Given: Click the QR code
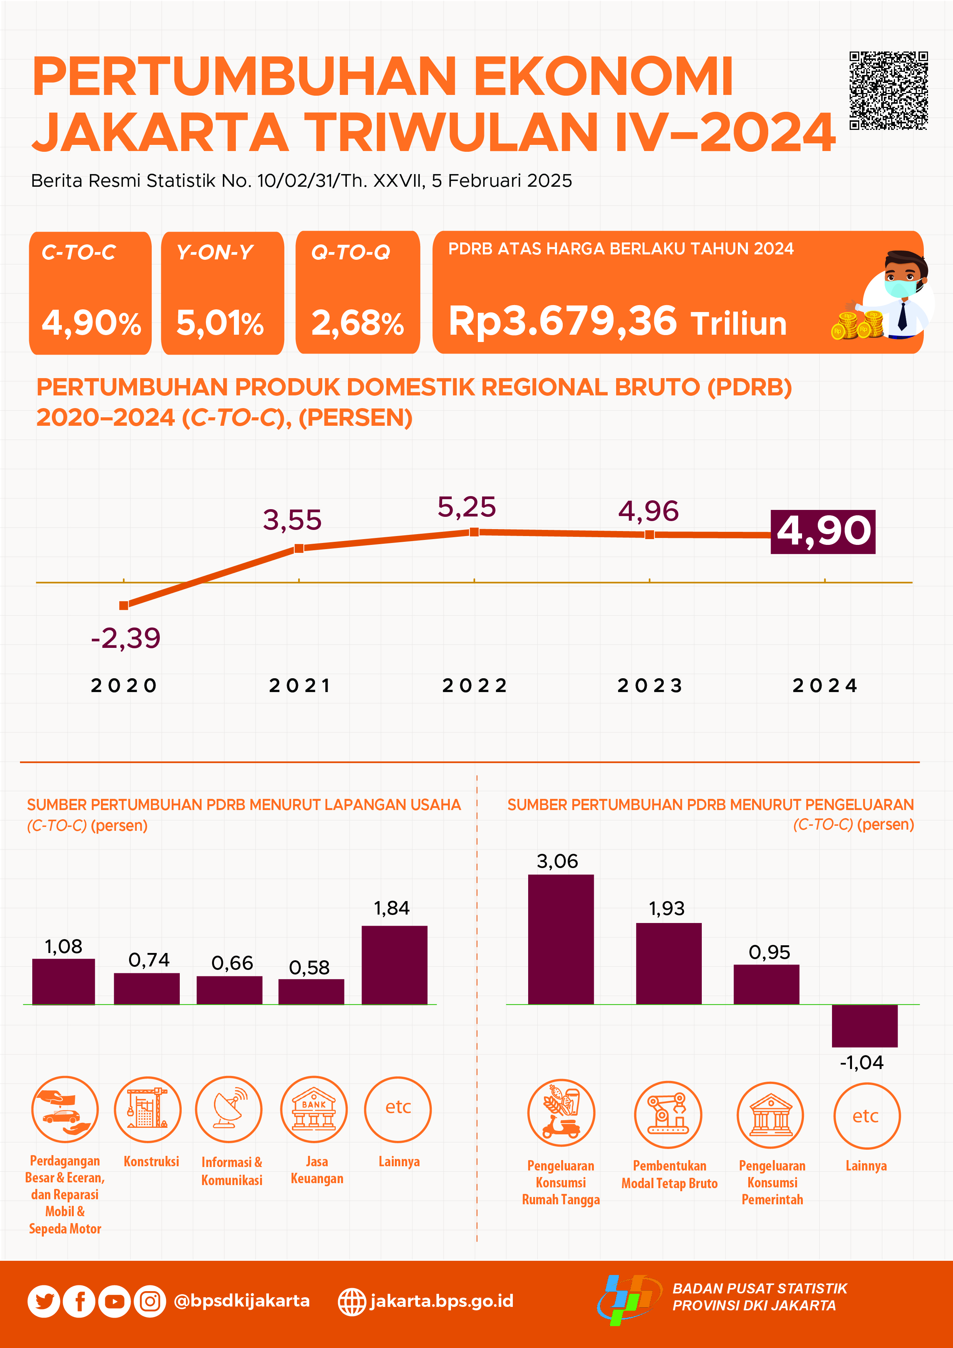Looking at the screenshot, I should (888, 90).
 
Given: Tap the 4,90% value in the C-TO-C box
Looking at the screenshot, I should (91, 323).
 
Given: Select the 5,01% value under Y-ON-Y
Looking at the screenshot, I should (220, 323).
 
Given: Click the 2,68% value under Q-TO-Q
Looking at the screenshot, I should (357, 323).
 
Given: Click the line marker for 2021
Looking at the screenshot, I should (299, 548).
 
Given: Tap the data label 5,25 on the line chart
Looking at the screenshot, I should (467, 507).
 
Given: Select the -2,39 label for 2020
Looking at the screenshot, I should (126, 637).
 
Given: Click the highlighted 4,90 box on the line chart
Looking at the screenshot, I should (823, 531).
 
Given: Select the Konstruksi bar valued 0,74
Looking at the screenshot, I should (147, 989).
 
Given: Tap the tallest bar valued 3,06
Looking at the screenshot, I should (560, 940).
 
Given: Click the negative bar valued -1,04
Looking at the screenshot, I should (864, 1026).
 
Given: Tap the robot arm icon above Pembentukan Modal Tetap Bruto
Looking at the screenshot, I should (668, 1114).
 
